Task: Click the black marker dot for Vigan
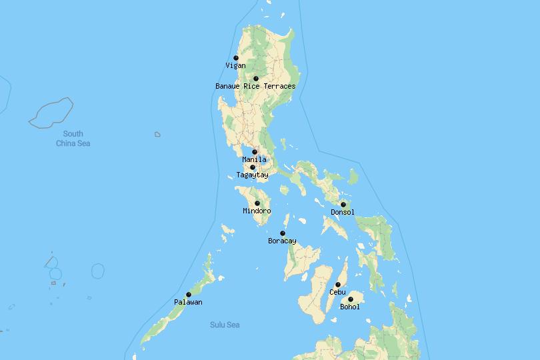[x=236, y=58]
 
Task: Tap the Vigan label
[x=235, y=66]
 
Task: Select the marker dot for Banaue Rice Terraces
[x=256, y=79]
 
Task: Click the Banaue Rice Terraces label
[x=255, y=87]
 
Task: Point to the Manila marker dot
[x=255, y=152]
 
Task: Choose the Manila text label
[x=254, y=160]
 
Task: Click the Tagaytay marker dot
[x=253, y=167]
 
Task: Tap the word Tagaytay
[x=252, y=175]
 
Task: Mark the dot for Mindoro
[x=257, y=203]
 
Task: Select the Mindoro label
[x=257, y=211]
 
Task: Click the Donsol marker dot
[x=343, y=205]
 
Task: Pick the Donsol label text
[x=343, y=213]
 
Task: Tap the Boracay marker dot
[x=283, y=233]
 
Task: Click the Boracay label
[x=282, y=241]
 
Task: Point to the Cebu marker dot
[x=338, y=285]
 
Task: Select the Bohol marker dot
[x=351, y=299]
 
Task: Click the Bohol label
[x=350, y=307]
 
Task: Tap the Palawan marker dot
[x=189, y=295]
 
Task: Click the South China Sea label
[x=73, y=139]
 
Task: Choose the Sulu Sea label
[x=225, y=325]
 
